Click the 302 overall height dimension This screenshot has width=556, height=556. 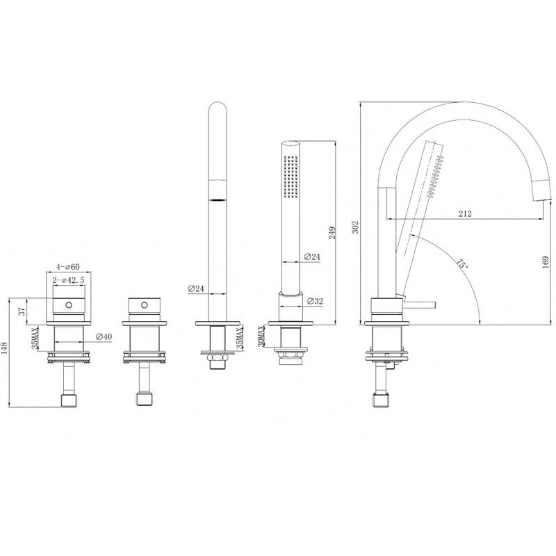coord(356,227)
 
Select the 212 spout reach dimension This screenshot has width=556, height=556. coord(465,213)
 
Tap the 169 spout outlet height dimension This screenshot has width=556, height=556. coord(546,263)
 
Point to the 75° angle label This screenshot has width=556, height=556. coord(461,264)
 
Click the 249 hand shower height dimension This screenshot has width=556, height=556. coord(332,233)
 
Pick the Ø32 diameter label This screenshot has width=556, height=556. coord(316,301)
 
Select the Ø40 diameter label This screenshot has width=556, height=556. coord(104,336)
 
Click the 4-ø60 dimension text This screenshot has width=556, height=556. coord(67,267)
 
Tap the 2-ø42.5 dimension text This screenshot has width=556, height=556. coord(68,280)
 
